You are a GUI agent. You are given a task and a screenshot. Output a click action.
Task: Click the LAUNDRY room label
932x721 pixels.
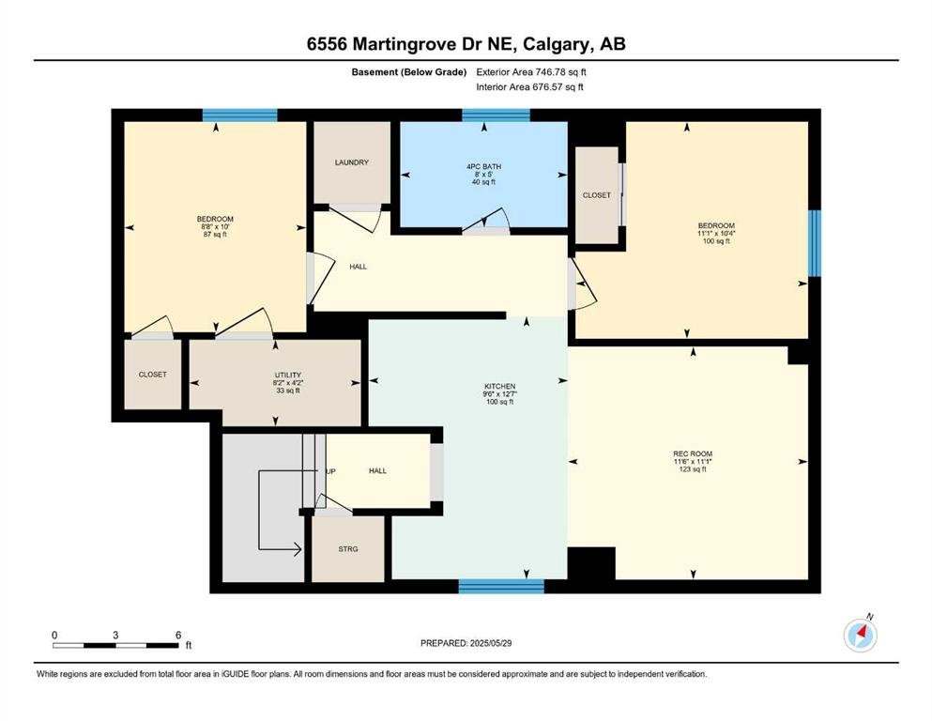[351, 162]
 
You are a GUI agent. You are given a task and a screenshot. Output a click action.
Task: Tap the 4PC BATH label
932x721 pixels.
[483, 166]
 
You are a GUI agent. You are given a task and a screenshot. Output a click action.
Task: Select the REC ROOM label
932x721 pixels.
[693, 453]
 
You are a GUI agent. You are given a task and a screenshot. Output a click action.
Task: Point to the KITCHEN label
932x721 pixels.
[499, 387]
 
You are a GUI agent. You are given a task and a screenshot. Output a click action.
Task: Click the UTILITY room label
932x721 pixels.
[288, 376]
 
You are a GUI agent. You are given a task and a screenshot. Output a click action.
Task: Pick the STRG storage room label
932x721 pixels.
[347, 549]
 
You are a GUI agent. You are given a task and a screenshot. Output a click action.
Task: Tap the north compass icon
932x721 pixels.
[861, 635]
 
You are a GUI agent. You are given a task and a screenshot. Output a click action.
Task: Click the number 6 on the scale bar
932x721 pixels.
[178, 635]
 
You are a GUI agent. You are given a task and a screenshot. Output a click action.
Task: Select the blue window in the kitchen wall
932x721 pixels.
[501, 587]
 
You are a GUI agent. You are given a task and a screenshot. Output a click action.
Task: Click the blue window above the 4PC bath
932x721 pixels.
[496, 115]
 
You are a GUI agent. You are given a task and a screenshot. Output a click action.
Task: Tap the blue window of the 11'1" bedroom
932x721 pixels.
[815, 243]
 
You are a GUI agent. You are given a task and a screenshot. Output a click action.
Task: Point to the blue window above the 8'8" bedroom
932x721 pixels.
[239, 115]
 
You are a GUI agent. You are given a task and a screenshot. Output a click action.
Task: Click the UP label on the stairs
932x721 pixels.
[331, 471]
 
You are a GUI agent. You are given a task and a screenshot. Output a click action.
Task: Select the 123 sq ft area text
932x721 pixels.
[693, 469]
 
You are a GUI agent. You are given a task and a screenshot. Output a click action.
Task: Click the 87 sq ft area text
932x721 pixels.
[215, 234]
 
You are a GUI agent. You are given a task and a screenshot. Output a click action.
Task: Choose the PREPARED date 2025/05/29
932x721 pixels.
[490, 643]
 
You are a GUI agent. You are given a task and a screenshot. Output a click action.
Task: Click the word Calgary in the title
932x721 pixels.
[551, 44]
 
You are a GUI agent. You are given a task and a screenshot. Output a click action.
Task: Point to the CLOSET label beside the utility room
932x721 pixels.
[153, 375]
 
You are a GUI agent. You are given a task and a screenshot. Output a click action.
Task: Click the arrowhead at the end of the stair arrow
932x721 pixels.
[298, 549]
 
